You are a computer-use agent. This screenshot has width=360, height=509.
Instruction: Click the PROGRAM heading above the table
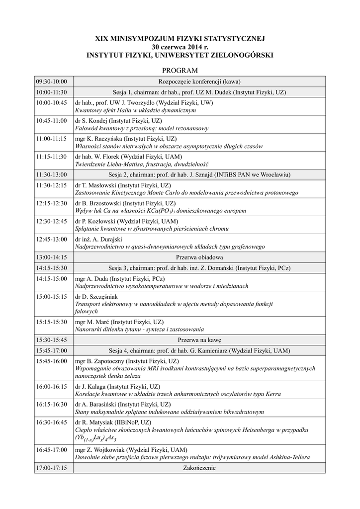pos(180,71)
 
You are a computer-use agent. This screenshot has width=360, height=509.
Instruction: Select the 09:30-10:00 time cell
pos(51,81)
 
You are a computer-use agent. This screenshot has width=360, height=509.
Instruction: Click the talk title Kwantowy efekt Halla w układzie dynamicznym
pos(135,110)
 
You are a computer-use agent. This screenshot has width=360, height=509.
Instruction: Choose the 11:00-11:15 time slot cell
pos(51,139)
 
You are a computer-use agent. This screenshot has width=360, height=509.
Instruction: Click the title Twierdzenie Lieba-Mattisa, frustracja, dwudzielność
pos(141,164)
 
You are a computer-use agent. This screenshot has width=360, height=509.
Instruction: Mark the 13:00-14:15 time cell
pos(51,257)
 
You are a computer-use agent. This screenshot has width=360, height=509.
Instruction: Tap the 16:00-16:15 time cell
pos(51,386)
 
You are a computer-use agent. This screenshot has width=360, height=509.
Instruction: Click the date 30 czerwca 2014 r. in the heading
pos(180,46)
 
